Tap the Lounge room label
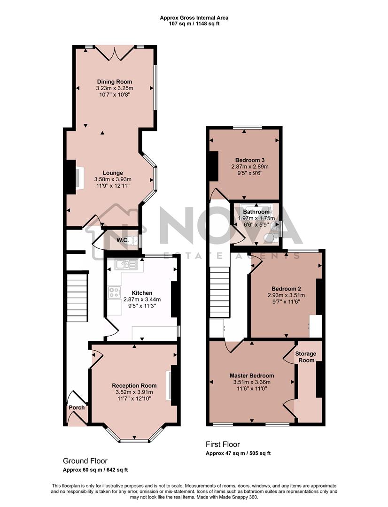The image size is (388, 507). (113, 173)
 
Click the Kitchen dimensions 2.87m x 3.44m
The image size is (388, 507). (142, 299)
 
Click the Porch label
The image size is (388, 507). (77, 407)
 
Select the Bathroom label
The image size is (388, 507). (256, 212)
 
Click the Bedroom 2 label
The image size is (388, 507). (286, 289)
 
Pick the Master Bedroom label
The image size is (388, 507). (252, 376)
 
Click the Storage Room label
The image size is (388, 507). (305, 357)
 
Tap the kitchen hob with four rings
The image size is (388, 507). (114, 293)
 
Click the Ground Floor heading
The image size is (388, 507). (88, 461)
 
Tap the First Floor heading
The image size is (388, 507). (223, 444)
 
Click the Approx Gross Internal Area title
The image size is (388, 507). (194, 18)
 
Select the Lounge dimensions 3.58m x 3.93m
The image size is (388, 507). (113, 179)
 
